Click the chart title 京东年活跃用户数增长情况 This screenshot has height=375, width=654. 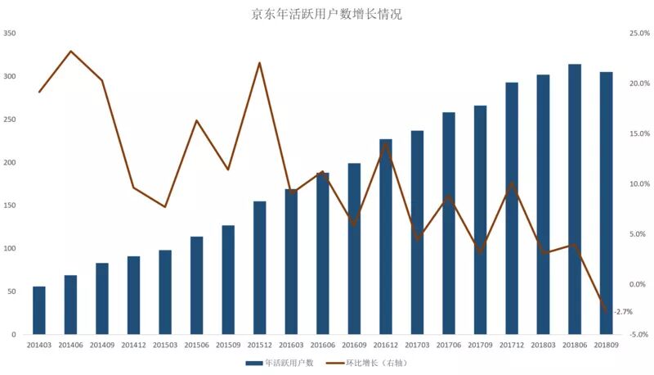[326, 14]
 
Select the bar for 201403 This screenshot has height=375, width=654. [39, 310]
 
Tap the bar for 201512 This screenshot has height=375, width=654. [259, 268]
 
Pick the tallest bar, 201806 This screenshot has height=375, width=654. [575, 199]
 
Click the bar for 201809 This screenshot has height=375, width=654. [606, 203]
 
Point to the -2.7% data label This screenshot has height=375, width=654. [623, 311]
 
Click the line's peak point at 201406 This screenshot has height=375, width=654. [71, 52]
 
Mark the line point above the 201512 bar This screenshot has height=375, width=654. [259, 63]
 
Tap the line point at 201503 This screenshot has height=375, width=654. [165, 206]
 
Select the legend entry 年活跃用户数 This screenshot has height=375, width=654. [280, 363]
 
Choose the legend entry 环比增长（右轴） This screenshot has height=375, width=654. [366, 363]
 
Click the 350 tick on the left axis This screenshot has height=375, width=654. [9, 33]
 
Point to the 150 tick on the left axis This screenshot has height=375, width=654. [9, 206]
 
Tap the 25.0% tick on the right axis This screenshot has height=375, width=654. [639, 33]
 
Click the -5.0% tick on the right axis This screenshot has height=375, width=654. [639, 335]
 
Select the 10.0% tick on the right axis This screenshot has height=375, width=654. [639, 183]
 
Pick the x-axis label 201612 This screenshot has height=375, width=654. [385, 345]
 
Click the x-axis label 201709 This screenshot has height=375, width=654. [480, 345]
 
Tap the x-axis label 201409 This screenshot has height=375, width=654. [102, 345]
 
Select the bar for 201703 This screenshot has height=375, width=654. [417, 233]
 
